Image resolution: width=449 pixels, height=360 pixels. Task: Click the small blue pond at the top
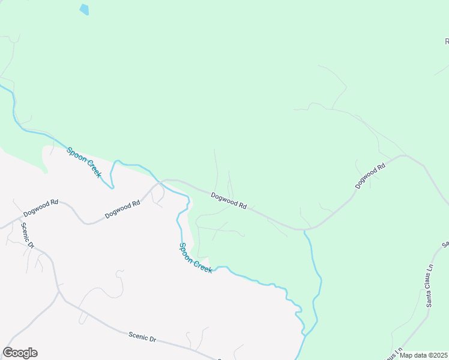[x=84, y=10]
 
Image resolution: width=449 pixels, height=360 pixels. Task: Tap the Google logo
[x=20, y=353]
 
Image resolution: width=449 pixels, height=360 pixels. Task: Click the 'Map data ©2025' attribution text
[x=424, y=355]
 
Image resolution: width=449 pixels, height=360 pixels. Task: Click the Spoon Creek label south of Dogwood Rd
[x=196, y=258]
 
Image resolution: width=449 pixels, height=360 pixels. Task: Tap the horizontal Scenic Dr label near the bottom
[x=142, y=338]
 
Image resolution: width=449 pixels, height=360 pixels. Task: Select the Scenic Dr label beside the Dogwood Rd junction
[x=28, y=236]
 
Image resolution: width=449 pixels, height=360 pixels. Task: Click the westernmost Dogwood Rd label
[x=40, y=208]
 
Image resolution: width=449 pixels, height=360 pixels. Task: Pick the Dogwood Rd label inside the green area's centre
[x=229, y=200]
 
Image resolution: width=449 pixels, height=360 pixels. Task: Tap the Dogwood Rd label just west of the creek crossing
[x=122, y=208]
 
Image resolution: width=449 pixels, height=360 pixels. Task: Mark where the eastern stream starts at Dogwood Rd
[x=305, y=230]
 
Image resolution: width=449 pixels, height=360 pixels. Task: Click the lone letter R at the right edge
[x=447, y=41]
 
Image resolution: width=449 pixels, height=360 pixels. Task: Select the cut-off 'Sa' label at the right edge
[x=445, y=244]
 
